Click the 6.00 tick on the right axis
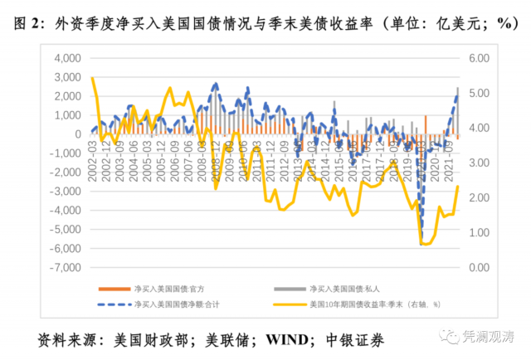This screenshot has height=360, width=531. click(476, 58)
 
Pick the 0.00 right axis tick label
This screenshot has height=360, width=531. click(476, 267)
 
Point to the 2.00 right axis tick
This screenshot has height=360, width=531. click(476, 197)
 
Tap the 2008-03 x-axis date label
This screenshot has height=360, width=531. click(202, 158)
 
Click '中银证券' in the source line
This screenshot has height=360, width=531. click(355, 340)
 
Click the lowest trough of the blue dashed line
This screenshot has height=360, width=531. click(421, 241)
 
